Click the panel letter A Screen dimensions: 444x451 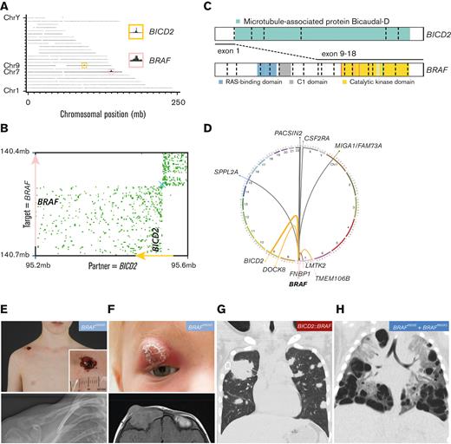coord(6,7)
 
